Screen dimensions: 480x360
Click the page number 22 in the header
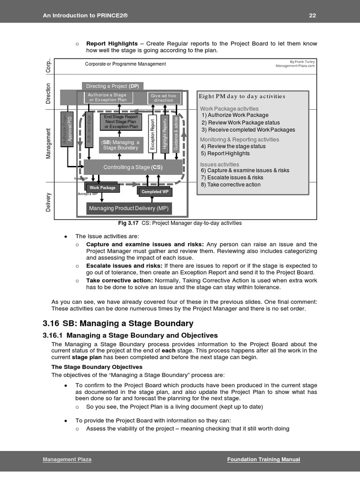[x=312, y=15]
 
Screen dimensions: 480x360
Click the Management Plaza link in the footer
[x=67, y=459]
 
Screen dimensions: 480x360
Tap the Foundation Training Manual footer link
[x=263, y=459]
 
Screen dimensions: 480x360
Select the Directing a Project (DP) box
[x=112, y=86]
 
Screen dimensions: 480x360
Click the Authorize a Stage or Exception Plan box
[x=107, y=97]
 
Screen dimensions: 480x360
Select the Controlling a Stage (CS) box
[x=133, y=167]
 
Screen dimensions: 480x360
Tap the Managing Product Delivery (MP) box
[x=129, y=208]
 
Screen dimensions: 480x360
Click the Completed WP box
[x=155, y=192]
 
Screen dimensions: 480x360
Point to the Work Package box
[x=102, y=187]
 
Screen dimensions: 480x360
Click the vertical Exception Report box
[x=152, y=134]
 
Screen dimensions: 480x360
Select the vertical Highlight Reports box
[x=164, y=134]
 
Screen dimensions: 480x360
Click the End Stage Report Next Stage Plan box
[x=121, y=121]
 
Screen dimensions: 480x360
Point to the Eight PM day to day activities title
[x=242, y=96]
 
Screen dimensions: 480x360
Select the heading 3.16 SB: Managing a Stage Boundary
[x=118, y=323]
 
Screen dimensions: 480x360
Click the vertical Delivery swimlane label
[x=48, y=202]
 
